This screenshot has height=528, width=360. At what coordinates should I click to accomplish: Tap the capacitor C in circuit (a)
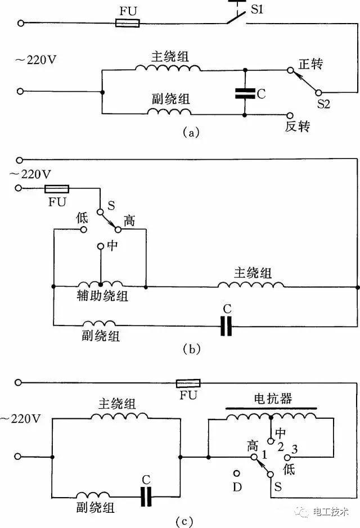coord(245,93)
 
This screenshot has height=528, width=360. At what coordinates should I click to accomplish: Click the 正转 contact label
coord(310,65)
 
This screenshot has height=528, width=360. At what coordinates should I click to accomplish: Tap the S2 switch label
coord(323,104)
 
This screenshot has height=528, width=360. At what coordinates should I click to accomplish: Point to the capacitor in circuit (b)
coord(226,325)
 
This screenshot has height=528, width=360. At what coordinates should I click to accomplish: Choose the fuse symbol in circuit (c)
coord(188,383)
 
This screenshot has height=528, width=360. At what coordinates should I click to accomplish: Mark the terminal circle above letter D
coord(237,474)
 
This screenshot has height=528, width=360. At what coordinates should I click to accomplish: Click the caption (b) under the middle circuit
coord(191,349)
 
